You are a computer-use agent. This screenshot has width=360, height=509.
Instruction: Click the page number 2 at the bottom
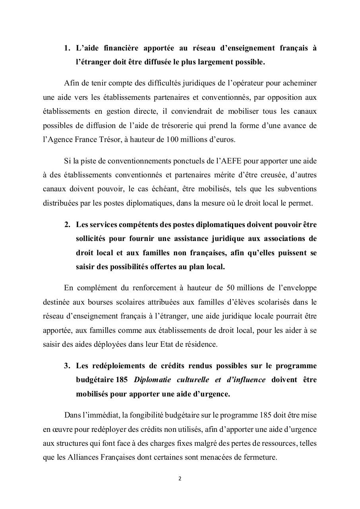click(180, 478)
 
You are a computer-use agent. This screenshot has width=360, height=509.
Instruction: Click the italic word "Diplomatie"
click(152, 379)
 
